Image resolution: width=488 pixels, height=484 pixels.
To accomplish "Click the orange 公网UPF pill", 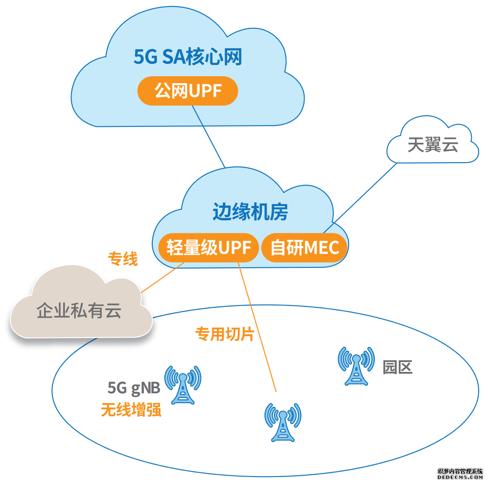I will pos(188,91).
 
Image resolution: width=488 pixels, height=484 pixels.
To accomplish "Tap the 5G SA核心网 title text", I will pos(188,58).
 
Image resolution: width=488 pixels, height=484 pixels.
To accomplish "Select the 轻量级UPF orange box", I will pos(208,247).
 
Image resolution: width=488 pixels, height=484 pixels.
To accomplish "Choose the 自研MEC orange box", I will pos(305,247).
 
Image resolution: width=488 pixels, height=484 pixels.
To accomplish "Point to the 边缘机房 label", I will pos(250,212).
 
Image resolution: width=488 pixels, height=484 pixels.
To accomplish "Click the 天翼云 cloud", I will pos(433,145).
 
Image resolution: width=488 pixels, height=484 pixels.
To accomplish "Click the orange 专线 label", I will pos(123,259).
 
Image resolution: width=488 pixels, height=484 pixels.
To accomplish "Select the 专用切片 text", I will pos(224,334).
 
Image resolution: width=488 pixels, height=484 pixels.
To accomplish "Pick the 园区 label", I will pos(397,367).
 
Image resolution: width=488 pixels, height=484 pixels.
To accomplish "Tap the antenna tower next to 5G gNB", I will pos(183,385).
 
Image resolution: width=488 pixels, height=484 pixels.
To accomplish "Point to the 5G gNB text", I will pos(134,387).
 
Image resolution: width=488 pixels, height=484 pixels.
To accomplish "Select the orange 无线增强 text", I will pos(131,410).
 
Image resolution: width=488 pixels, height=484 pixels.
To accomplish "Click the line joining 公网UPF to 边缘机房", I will pos(208,136).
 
